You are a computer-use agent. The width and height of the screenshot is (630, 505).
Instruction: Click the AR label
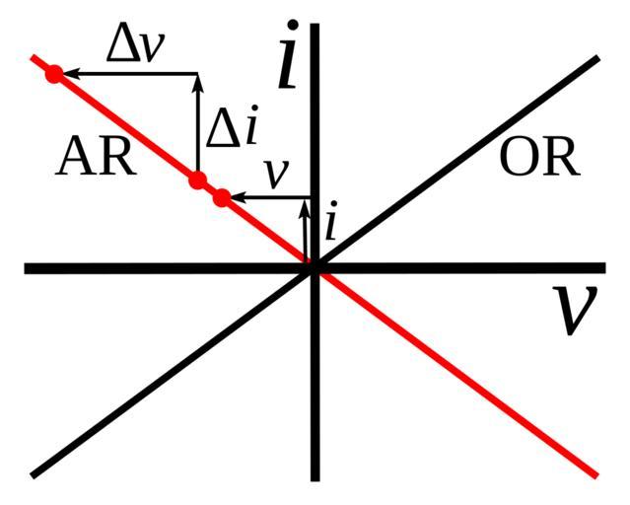tap(96, 157)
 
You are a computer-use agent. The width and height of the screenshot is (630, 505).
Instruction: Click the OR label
tap(538, 158)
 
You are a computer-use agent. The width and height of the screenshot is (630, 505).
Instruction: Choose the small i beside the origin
tap(331, 226)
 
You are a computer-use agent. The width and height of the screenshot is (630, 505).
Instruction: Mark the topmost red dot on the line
tap(54, 73)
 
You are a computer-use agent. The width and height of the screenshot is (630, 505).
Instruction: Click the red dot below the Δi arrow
tap(198, 180)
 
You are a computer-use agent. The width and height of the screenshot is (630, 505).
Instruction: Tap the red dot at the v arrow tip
tap(222, 197)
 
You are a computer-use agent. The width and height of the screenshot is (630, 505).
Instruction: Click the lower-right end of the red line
tap(595, 474)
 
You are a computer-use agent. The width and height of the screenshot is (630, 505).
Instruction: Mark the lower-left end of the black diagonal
tap(34, 474)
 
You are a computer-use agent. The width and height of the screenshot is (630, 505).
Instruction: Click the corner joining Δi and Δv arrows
tap(198, 73)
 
